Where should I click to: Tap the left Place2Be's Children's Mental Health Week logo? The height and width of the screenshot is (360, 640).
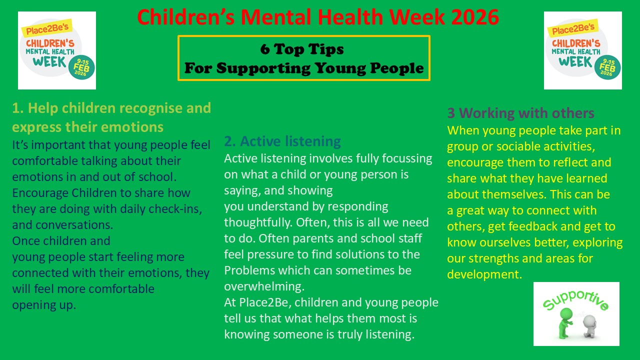click(57, 50)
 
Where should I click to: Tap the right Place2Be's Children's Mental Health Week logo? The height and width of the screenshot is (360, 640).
click(583, 50)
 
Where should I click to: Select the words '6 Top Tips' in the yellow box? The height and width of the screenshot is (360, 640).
click(302, 49)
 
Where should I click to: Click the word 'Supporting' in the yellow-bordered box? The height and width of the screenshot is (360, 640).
click(263, 68)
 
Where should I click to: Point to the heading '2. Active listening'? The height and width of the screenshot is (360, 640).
click(282, 141)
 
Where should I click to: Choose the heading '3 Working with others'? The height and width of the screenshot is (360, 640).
click(520, 113)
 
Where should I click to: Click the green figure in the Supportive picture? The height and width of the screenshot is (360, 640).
click(565, 323)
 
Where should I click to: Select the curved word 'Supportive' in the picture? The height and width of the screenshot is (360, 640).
click(575, 300)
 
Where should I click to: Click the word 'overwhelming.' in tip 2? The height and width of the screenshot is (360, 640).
click(264, 286)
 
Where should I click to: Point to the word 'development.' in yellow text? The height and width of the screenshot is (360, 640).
click(484, 274)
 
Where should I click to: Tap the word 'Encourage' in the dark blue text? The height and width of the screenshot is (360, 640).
click(40, 193)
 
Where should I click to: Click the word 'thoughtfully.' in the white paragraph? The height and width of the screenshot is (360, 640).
click(258, 222)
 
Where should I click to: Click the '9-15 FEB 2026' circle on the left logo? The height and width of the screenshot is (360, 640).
click(81, 67)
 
